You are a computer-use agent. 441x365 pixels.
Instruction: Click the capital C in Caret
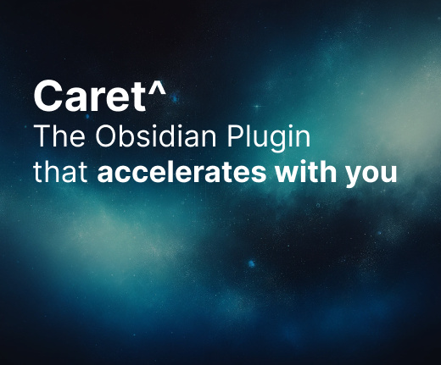point(47,97)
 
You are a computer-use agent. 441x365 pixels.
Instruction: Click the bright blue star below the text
point(251,264)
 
